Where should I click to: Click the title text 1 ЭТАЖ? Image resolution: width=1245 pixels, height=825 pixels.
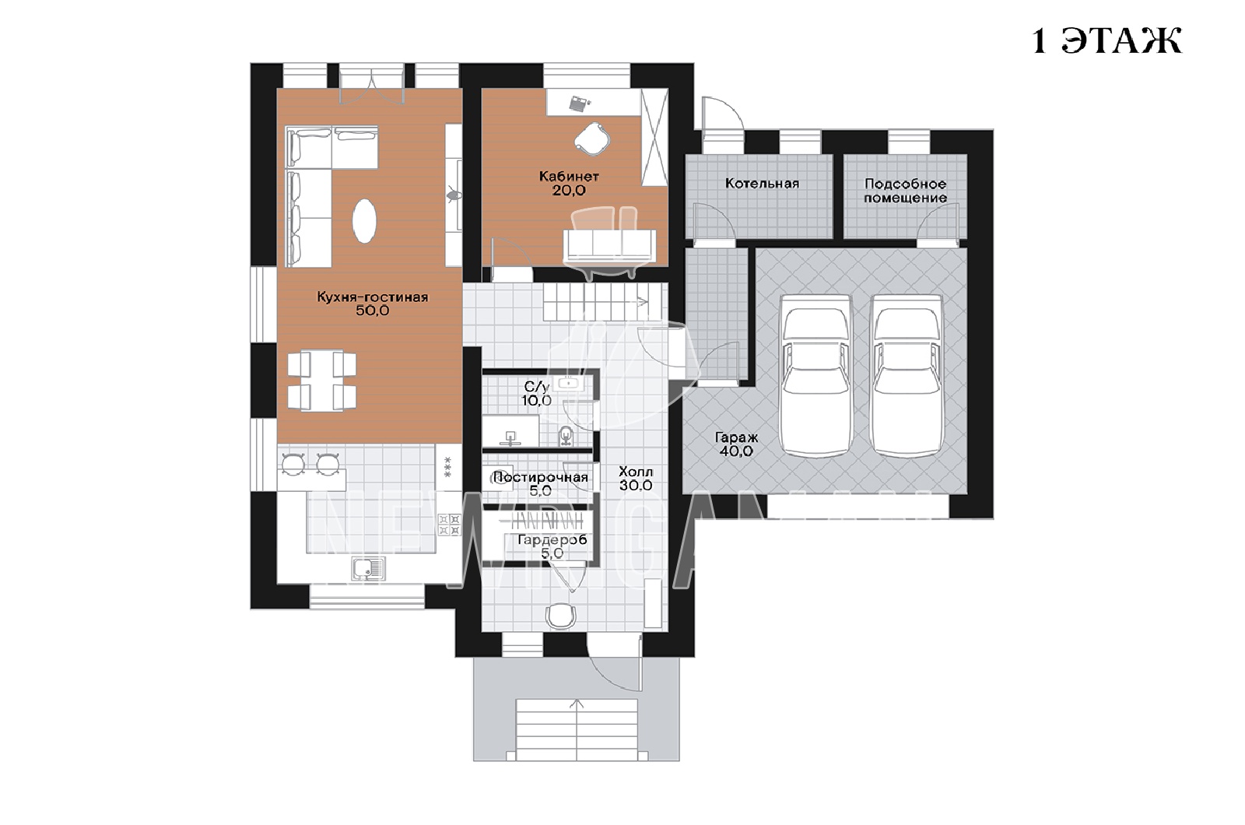[1106, 41]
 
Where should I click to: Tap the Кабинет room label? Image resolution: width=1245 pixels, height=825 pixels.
[569, 177]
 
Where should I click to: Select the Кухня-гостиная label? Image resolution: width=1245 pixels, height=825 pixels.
[373, 297]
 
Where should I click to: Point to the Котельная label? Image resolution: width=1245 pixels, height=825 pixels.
[762, 184]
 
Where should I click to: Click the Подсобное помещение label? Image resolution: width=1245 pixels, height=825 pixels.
[906, 191]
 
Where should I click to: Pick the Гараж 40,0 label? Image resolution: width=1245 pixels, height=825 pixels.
[736, 444]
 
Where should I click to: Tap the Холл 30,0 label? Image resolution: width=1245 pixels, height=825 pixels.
[637, 479]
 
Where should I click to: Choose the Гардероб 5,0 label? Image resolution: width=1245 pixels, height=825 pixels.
[552, 546]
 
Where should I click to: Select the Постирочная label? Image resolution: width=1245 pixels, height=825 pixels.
[540, 478]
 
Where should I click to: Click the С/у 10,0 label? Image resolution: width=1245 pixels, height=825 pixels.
[537, 394]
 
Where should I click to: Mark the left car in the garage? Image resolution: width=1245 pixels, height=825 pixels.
[816, 376]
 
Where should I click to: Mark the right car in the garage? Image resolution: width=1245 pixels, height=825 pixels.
[907, 376]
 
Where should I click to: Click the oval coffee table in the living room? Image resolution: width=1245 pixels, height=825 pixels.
[364, 221]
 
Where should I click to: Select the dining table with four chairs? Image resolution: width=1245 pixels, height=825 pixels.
[322, 381]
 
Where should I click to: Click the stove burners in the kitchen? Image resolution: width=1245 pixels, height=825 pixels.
[450, 525]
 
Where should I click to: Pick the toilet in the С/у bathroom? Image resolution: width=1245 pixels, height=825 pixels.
[566, 436]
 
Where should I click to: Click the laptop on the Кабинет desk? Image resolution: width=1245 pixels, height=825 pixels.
[579, 103]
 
